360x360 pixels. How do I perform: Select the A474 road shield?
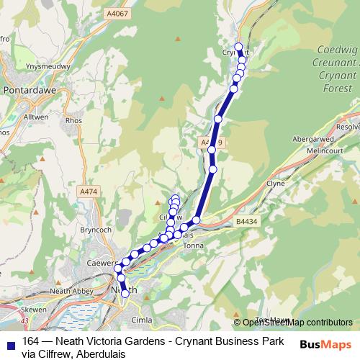tap(88, 192)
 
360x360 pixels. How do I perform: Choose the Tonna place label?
tap(195, 246)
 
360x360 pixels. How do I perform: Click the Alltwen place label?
tap(36, 116)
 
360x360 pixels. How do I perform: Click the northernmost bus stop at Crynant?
tap(238, 46)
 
